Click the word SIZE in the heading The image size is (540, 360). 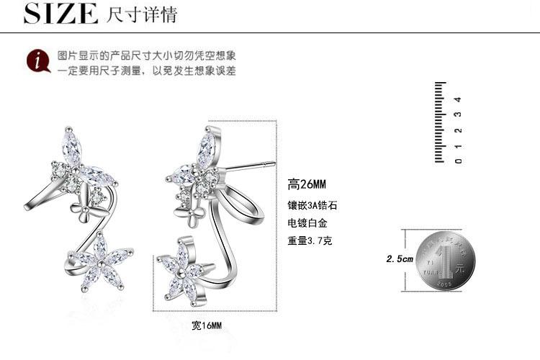pos(61,13)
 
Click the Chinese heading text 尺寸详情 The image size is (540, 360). pos(141,14)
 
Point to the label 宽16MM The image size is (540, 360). pos(207,325)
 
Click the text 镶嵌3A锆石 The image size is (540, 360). pos(312,205)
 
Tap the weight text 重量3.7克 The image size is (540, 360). pos(310,240)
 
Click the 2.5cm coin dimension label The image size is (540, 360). pos(400,258)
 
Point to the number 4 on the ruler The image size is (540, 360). pos(457,99)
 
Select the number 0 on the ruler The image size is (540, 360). pos(458,160)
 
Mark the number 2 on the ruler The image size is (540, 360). pos(458,130)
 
